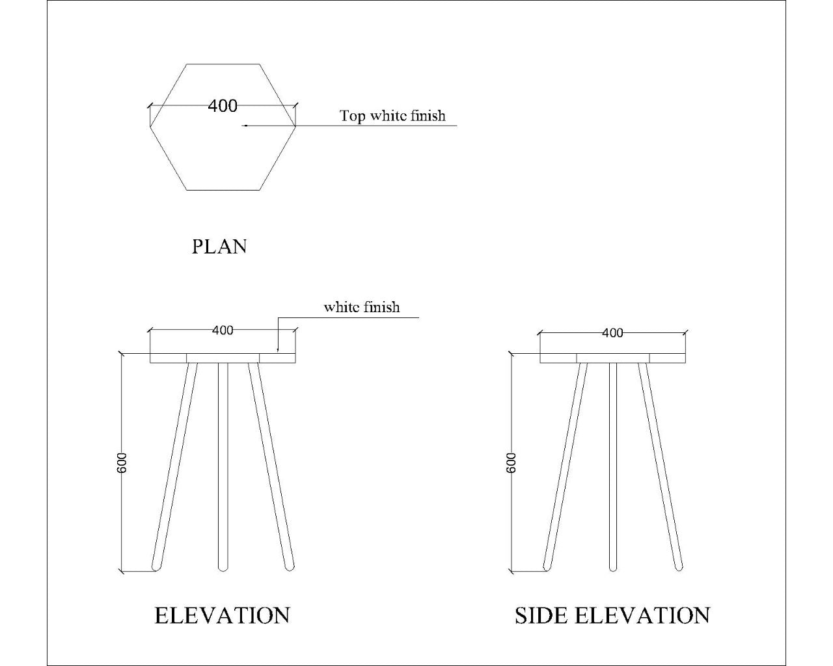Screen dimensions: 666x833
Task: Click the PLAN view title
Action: pyautogui.click(x=219, y=246)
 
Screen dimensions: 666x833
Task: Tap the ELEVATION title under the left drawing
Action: pyautogui.click(x=222, y=615)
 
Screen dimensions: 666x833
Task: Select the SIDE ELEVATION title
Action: pyautogui.click(x=612, y=615)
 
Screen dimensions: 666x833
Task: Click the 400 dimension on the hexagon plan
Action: pyautogui.click(x=223, y=105)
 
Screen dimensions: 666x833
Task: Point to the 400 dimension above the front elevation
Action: pyautogui.click(x=223, y=330)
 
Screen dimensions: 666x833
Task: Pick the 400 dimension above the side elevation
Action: pyautogui.click(x=612, y=333)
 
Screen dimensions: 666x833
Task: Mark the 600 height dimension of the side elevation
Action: pyautogui.click(x=511, y=462)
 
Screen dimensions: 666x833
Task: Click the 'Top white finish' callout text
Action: pyautogui.click(x=392, y=116)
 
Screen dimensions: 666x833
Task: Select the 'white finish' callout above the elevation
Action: pyautogui.click(x=362, y=307)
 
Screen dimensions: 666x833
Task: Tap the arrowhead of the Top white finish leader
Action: pyautogui.click(x=244, y=125)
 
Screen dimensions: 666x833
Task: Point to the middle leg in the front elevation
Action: pyautogui.click(x=223, y=466)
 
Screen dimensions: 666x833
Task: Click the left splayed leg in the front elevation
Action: pyautogui.click(x=174, y=466)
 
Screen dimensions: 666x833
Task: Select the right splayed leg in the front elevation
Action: pyautogui.click(x=270, y=466)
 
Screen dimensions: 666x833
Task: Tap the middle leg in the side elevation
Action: pyautogui.click(x=612, y=466)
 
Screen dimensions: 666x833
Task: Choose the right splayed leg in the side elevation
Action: pyautogui.click(x=660, y=466)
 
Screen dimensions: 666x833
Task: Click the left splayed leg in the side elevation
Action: pyautogui.click(x=564, y=466)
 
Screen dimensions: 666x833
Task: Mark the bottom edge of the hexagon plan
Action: pyautogui.click(x=223, y=190)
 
